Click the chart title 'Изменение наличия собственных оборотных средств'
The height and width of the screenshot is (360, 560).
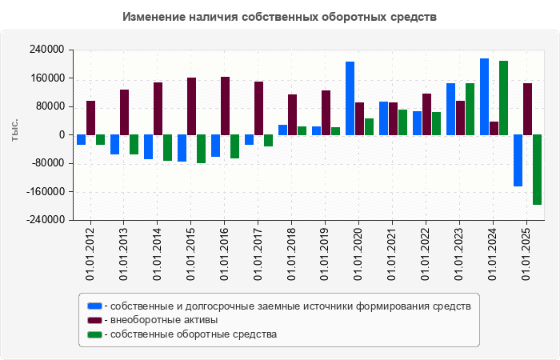click(x=280, y=17)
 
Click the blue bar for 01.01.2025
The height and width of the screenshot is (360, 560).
click(x=518, y=161)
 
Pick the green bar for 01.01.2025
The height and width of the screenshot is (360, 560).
click(x=537, y=170)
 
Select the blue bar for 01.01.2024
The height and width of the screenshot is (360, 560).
click(x=484, y=97)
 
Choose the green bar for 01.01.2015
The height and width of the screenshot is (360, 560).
click(x=201, y=149)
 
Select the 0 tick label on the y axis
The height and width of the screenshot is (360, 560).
click(x=61, y=135)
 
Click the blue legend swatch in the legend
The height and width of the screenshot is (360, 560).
click(x=94, y=306)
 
